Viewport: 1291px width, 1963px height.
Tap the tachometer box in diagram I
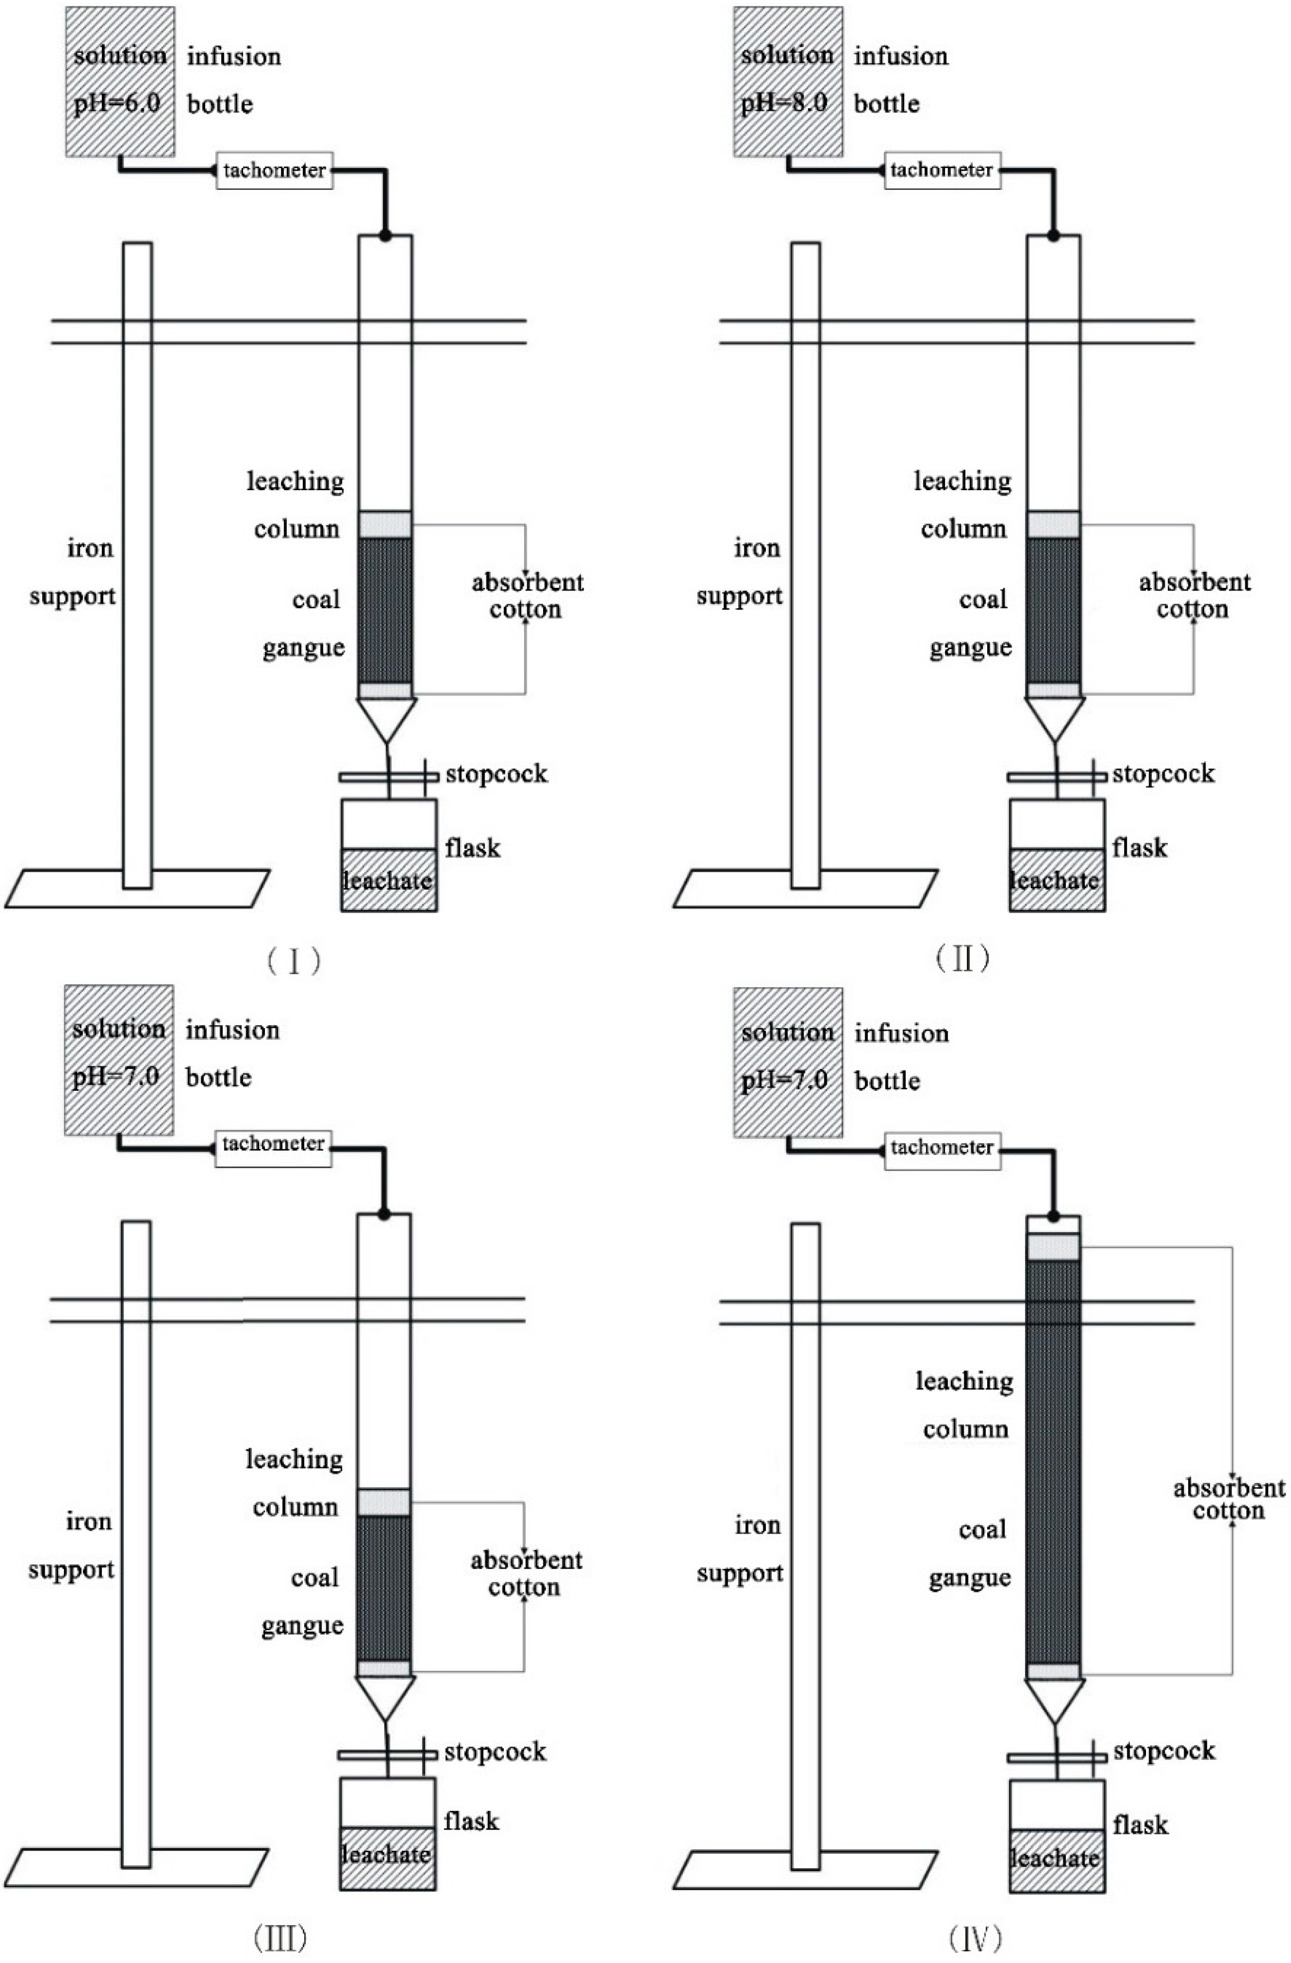(x=275, y=171)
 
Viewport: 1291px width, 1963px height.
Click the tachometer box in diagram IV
(x=942, y=1147)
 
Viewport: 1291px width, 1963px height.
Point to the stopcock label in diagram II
(x=1163, y=773)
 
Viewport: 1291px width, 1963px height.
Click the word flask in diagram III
(x=472, y=1821)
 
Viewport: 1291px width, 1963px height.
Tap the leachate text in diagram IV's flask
(x=1056, y=1858)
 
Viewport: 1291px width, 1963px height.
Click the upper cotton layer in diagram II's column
(x=1054, y=524)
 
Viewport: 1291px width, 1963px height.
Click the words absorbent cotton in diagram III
(x=526, y=1574)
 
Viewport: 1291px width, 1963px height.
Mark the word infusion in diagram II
(x=901, y=56)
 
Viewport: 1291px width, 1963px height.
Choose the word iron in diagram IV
(x=757, y=1526)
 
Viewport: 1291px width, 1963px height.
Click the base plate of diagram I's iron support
(x=137, y=889)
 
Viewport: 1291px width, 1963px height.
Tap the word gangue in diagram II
(x=970, y=648)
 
